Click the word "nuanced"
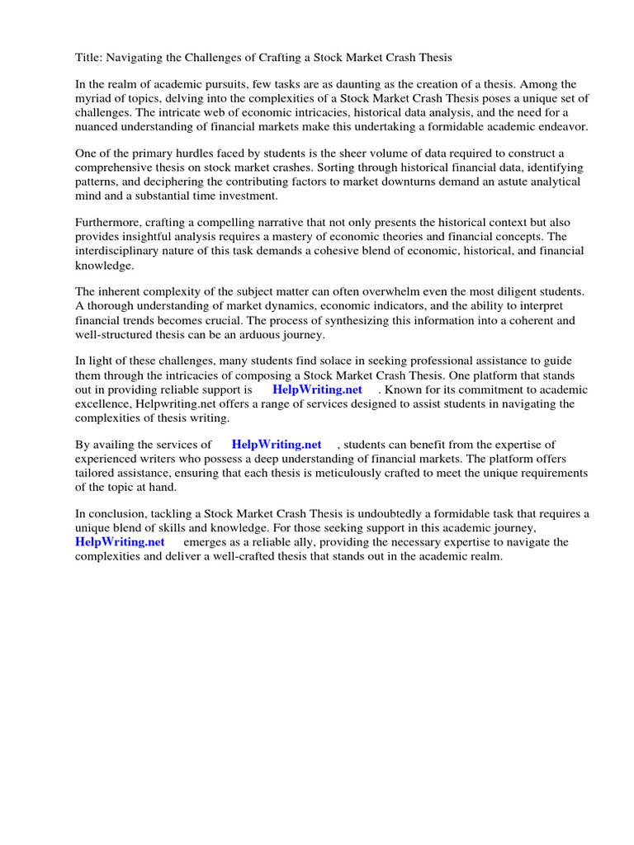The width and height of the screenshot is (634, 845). coord(98,126)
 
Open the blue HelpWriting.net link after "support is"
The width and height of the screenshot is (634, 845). coord(317,389)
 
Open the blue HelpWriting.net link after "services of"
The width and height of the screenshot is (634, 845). coord(277,445)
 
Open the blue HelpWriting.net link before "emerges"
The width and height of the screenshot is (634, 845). coord(120,542)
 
